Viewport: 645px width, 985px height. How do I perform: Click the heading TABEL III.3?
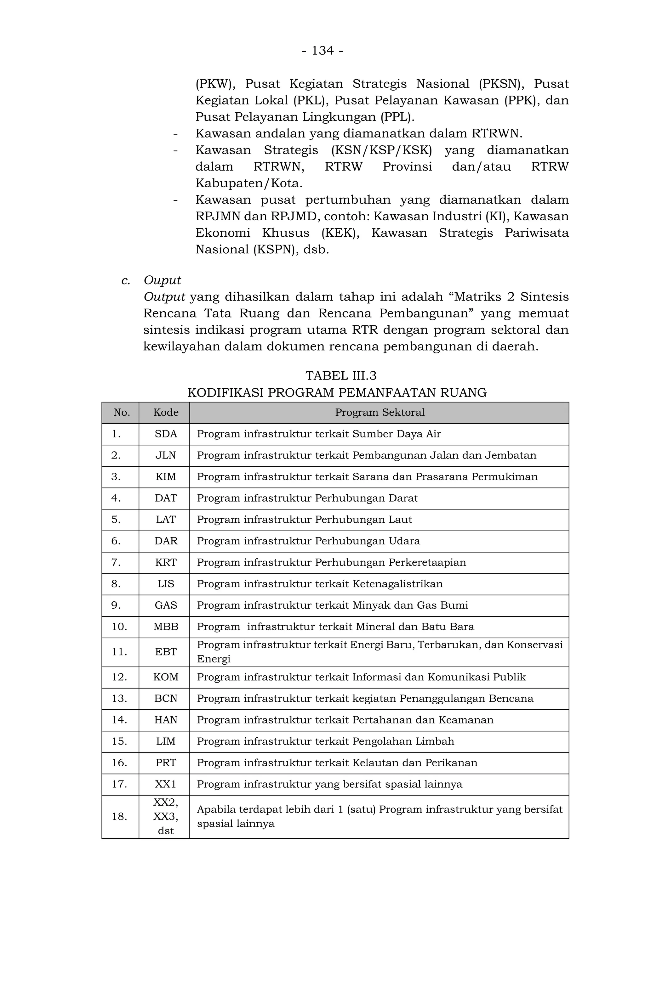(x=340, y=375)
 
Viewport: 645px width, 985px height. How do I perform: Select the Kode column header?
(x=166, y=412)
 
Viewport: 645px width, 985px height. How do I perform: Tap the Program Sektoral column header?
(x=380, y=412)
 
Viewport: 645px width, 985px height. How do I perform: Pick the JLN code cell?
(x=166, y=455)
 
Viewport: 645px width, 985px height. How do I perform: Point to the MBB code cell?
(x=166, y=627)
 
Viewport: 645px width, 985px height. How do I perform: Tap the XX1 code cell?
(x=166, y=784)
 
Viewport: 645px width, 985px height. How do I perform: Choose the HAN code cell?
(x=166, y=720)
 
